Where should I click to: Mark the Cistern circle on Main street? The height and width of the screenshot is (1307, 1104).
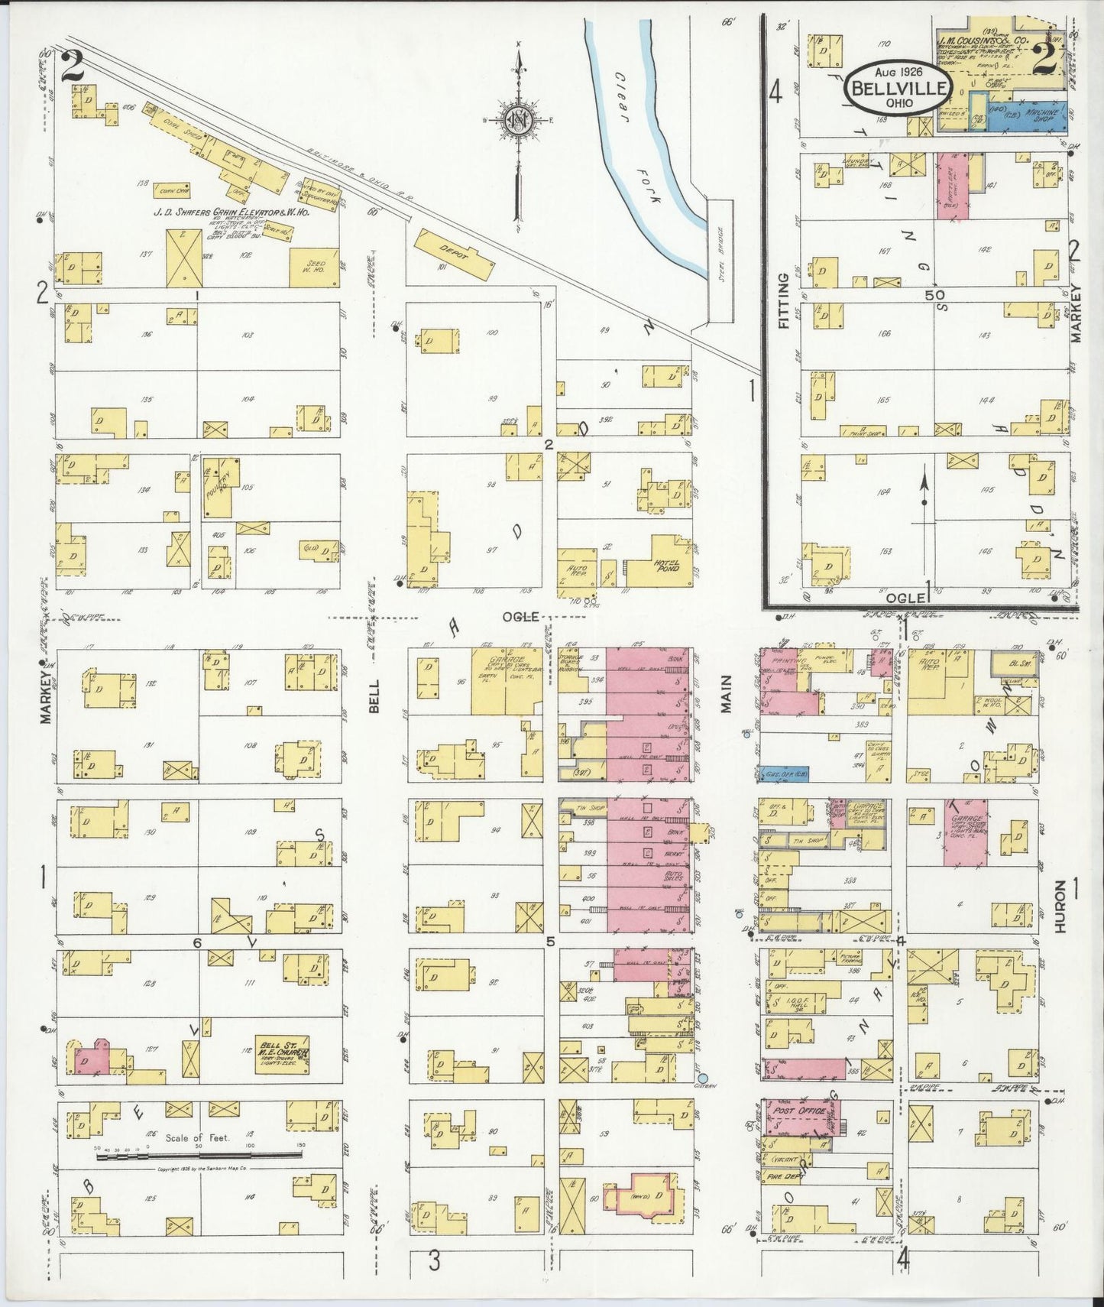(x=702, y=1078)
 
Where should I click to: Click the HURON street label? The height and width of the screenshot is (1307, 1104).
(x=1060, y=906)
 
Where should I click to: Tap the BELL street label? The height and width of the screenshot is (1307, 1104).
(x=374, y=699)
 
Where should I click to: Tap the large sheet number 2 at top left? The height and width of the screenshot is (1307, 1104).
(x=73, y=66)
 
